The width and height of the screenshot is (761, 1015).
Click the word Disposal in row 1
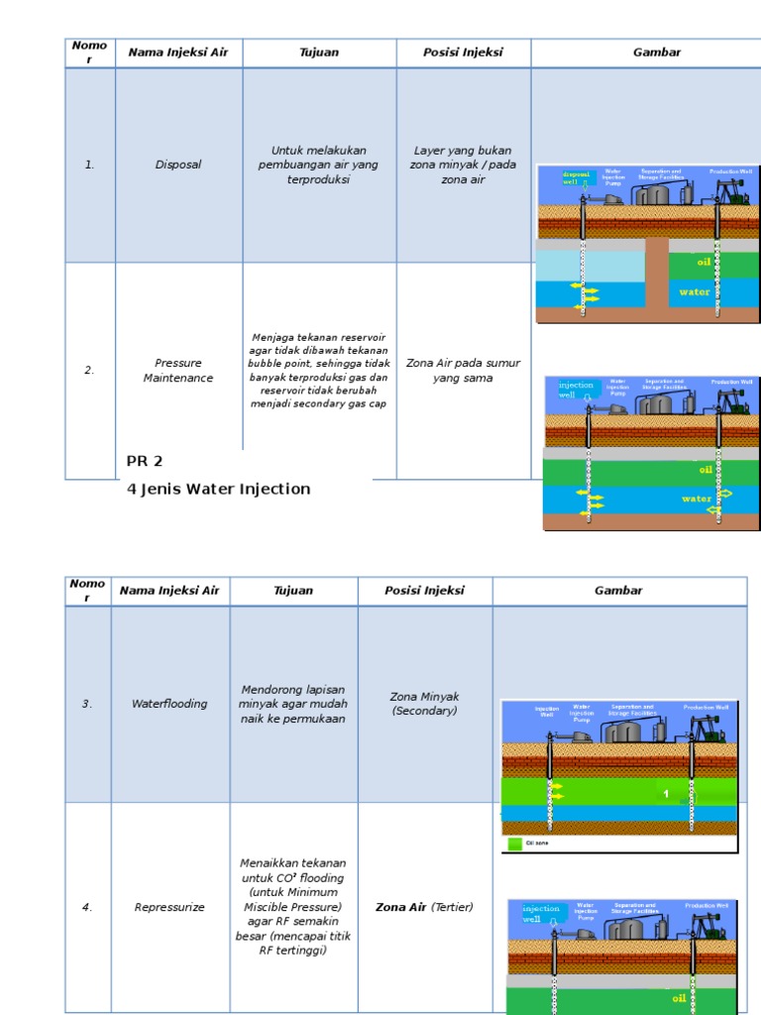click(178, 165)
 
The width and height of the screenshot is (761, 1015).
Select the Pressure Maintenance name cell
click(178, 371)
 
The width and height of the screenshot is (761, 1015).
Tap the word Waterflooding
click(169, 704)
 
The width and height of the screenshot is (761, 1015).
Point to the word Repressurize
click(169, 907)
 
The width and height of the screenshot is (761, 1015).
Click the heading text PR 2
click(145, 461)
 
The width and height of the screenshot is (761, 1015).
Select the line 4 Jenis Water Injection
click(219, 489)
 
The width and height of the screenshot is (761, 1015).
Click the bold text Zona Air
click(400, 907)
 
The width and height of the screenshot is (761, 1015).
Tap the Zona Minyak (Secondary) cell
click(425, 704)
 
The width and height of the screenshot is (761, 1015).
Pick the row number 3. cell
click(87, 704)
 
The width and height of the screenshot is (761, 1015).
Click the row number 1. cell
click(90, 165)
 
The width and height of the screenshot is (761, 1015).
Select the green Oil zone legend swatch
click(514, 844)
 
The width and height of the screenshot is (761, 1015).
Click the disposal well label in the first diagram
click(576, 178)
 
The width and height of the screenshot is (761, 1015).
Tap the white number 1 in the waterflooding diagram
click(666, 794)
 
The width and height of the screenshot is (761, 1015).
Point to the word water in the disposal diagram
click(695, 292)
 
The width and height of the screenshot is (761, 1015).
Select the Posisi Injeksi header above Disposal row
click(463, 53)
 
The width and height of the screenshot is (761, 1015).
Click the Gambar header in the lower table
click(618, 591)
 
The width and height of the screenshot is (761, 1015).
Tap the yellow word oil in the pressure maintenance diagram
click(706, 470)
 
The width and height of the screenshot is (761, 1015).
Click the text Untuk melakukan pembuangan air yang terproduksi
click(318, 165)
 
